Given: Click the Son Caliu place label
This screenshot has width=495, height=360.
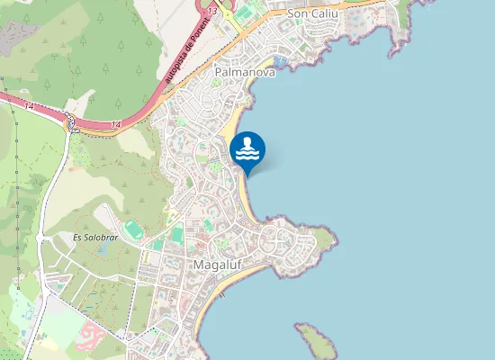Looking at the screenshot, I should coord(311,14).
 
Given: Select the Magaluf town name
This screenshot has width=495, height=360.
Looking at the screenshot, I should coord(215,265).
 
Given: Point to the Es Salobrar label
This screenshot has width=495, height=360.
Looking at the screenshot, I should coord(94,238).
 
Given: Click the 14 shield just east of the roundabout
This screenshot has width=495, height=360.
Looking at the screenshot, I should coord(117,124).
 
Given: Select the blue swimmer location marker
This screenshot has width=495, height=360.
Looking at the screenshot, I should coord(247,149).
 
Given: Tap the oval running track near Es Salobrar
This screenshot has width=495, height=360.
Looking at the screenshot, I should coord(133,229).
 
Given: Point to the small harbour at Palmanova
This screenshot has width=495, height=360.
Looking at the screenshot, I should coord(279,62).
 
